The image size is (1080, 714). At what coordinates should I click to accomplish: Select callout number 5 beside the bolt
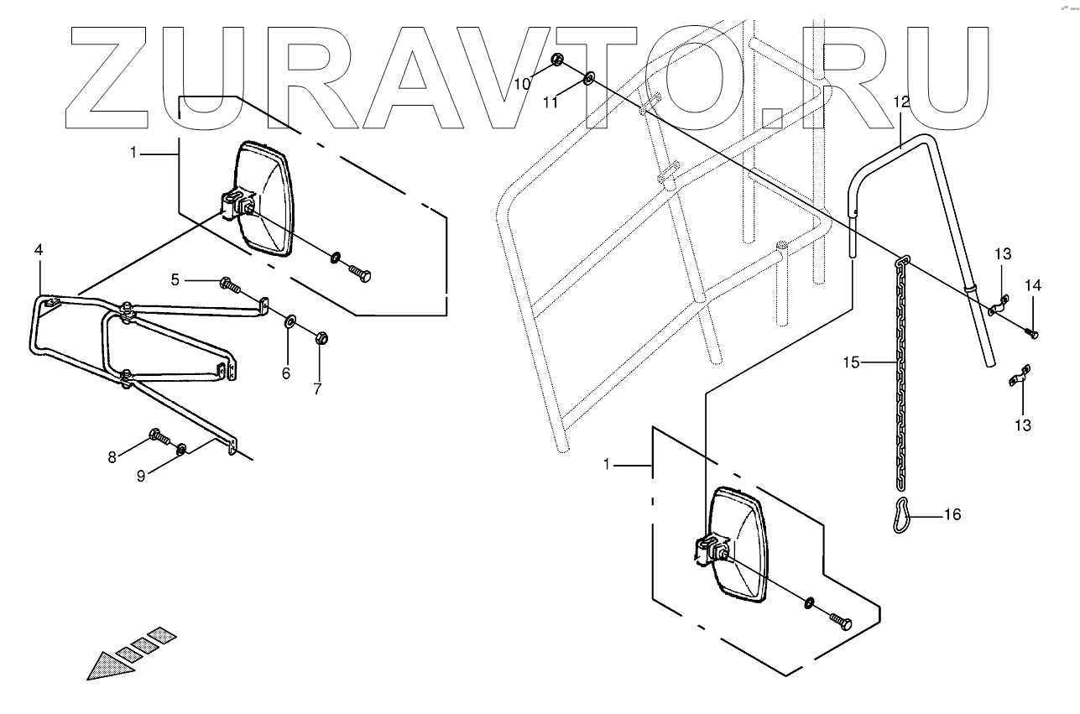click(175, 279)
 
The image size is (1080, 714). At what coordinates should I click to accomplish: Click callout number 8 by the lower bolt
click(112, 456)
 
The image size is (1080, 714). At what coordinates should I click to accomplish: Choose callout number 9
click(142, 476)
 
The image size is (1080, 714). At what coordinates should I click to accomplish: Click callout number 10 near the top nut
click(522, 83)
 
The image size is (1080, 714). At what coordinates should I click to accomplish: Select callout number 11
click(550, 102)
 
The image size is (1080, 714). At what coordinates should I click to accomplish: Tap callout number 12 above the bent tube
click(901, 102)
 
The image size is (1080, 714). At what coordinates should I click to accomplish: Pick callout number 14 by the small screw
click(1033, 286)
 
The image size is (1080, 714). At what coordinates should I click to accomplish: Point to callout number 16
click(952, 514)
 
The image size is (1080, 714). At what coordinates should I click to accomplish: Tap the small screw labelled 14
click(1033, 335)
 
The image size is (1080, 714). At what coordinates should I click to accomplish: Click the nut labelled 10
click(557, 60)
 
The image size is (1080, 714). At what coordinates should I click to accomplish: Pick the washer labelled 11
click(588, 79)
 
